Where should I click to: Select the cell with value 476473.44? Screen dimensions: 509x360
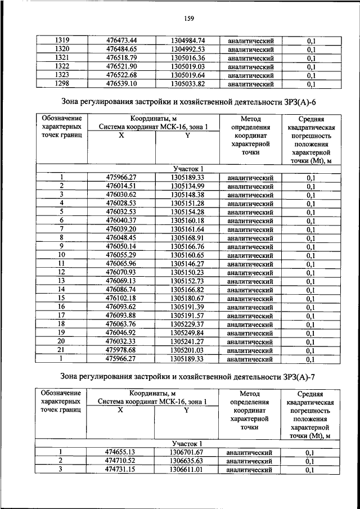click(x=122, y=41)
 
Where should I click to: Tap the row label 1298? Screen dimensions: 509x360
click(x=62, y=84)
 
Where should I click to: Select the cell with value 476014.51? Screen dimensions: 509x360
click(x=121, y=186)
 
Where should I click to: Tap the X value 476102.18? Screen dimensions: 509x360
click(x=121, y=298)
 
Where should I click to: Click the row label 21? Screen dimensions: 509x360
click(x=62, y=350)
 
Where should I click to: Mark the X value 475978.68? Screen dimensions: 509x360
click(x=121, y=350)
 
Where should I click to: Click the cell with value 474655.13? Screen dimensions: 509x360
click(x=121, y=452)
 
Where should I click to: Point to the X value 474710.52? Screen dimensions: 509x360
click(x=121, y=461)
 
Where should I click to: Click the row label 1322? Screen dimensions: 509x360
click(x=62, y=67)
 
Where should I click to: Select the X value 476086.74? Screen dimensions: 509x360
click(x=121, y=290)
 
